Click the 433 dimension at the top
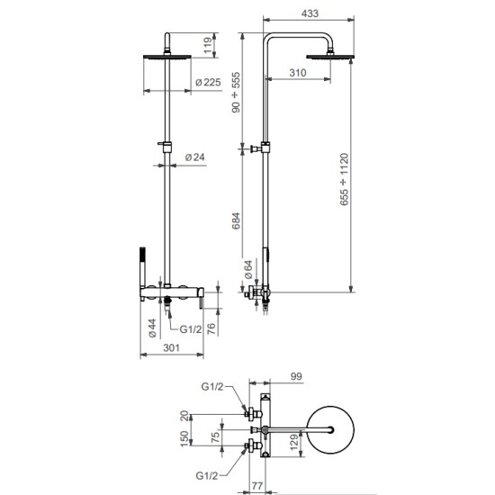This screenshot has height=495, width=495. [x=310, y=13]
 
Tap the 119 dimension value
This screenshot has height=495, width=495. [x=208, y=46]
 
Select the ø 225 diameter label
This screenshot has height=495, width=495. [x=208, y=83]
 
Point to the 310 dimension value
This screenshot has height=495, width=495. [x=298, y=73]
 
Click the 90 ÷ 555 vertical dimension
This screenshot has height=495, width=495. [x=236, y=92]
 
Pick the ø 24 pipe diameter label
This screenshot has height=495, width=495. [x=194, y=157]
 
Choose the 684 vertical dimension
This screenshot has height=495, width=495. [x=236, y=220]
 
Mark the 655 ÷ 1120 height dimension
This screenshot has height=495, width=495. [x=344, y=179]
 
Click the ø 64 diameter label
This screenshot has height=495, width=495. [x=248, y=269]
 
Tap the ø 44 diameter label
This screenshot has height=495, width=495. [x=152, y=328]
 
